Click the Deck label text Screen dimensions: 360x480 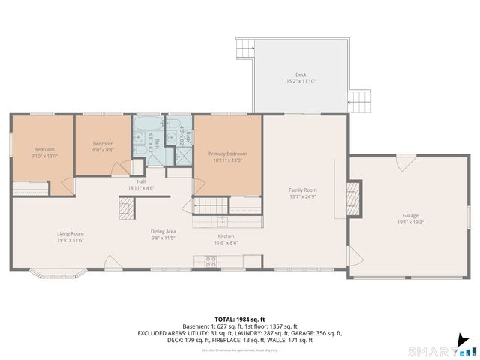301,74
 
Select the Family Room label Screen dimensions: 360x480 303,190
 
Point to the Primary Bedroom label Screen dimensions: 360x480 227,154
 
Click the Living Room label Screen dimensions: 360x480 70,233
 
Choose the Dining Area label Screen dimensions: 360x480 163,232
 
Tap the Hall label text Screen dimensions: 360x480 141,181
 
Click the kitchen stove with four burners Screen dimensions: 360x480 211,262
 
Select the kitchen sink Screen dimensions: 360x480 222,221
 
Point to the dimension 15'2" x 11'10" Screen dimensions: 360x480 301,81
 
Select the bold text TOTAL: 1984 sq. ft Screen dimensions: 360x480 240,319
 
